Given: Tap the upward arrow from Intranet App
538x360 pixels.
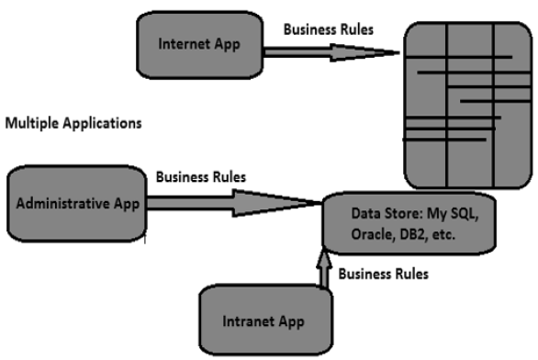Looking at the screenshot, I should click(x=324, y=273).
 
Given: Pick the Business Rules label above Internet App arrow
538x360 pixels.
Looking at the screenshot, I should click(x=329, y=28).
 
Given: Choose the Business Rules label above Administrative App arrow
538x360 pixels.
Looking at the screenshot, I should click(x=200, y=176).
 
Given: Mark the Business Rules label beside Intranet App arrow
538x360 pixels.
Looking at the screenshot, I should click(x=384, y=274).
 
